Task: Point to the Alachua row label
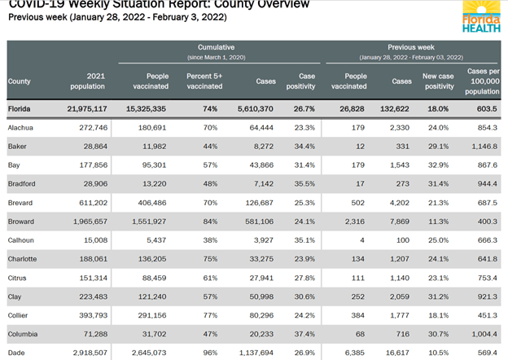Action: tap(22, 128)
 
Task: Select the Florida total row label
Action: tap(20, 108)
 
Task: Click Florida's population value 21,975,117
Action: tap(81, 108)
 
